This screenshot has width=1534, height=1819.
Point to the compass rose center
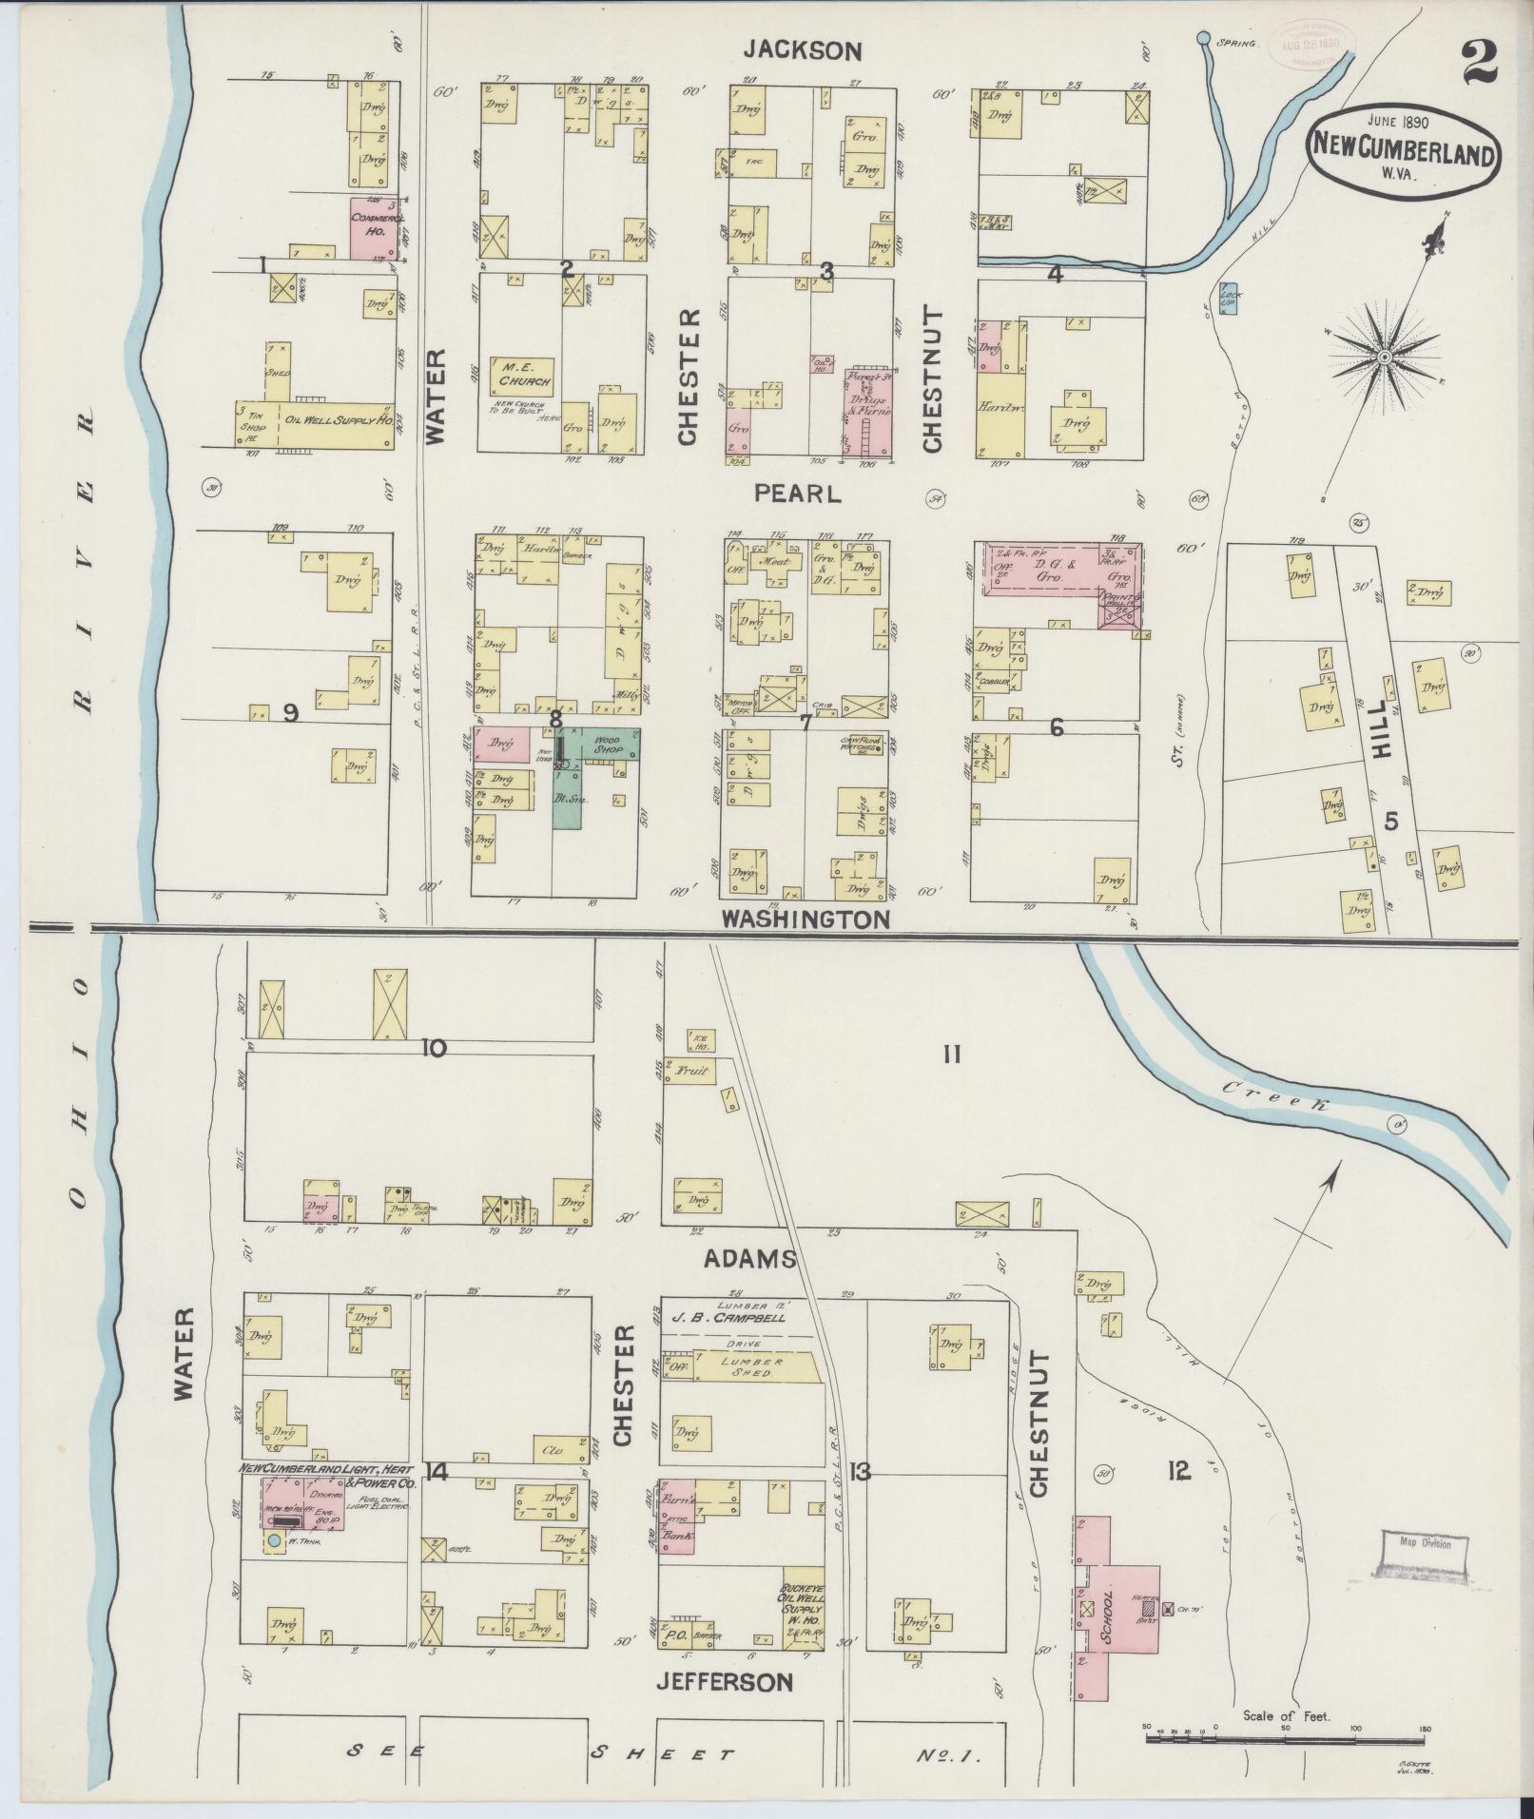(x=1385, y=356)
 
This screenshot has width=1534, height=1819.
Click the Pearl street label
(x=798, y=493)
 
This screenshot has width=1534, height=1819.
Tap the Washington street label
(x=805, y=919)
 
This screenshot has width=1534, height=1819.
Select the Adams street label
(x=749, y=1259)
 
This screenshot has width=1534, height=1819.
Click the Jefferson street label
(x=725, y=1682)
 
